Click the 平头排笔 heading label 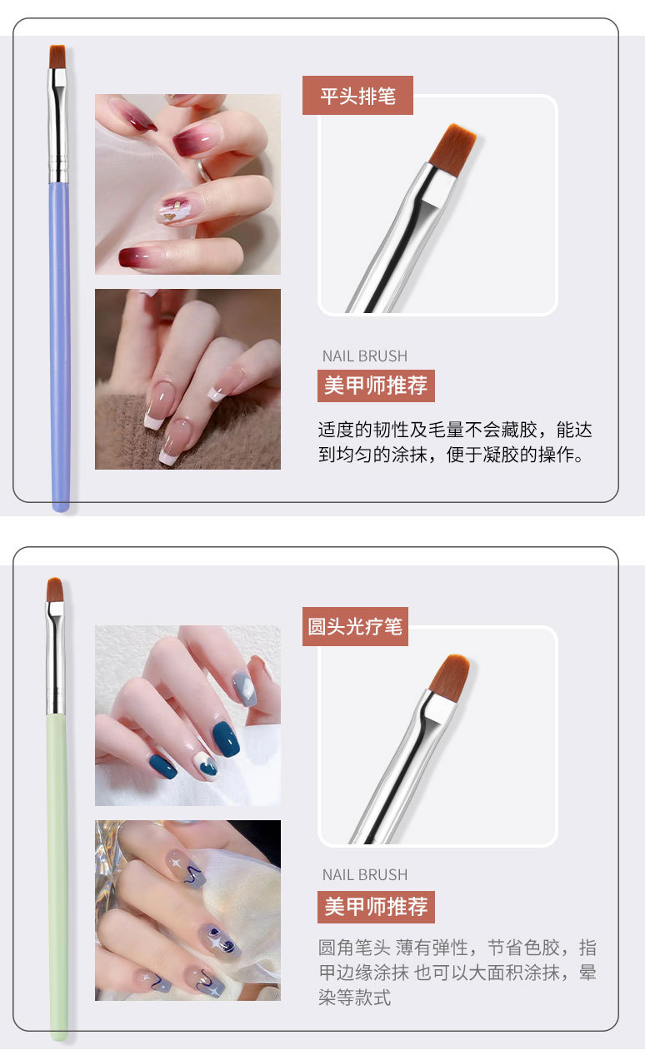[x=357, y=96]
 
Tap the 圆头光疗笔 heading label [x=355, y=626]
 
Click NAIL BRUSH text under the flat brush [x=365, y=356]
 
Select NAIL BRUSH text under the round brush [x=365, y=874]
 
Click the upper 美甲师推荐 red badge [x=376, y=386]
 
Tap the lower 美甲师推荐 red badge [x=376, y=906]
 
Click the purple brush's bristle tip [x=57, y=57]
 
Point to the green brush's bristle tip [x=55, y=590]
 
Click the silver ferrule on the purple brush [x=57, y=125]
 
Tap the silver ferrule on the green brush [x=55, y=658]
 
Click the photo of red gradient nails [x=187, y=184]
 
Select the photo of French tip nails [x=187, y=379]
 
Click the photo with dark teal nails [x=187, y=715]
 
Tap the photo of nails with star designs [x=187, y=910]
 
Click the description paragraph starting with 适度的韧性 [x=455, y=442]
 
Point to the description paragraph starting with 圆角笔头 [x=457, y=972]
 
